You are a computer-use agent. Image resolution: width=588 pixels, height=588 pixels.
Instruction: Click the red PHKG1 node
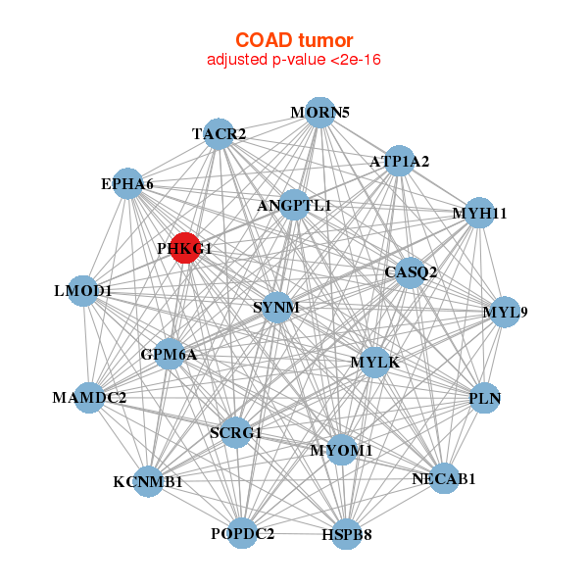click(185, 248)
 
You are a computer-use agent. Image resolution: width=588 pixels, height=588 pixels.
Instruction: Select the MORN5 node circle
click(319, 113)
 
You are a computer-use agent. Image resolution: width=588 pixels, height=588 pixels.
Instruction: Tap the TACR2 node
click(219, 134)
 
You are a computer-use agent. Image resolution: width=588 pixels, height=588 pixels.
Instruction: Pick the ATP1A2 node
click(399, 161)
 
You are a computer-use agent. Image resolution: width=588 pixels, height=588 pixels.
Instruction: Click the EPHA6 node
click(127, 184)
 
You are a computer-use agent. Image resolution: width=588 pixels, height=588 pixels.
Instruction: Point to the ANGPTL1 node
click(294, 205)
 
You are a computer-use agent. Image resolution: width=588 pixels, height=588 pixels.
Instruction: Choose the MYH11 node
click(479, 213)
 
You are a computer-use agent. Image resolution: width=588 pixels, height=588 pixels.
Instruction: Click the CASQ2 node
click(411, 272)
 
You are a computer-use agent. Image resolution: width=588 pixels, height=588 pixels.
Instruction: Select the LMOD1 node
click(83, 291)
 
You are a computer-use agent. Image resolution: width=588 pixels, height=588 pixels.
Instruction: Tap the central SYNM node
click(276, 308)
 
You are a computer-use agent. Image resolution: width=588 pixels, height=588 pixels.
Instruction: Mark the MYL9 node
click(505, 312)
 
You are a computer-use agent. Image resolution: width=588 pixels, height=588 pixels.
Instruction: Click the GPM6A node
click(170, 354)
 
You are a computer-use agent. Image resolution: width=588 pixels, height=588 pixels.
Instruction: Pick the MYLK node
click(375, 363)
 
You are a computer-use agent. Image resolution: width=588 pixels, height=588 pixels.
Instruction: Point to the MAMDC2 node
click(89, 398)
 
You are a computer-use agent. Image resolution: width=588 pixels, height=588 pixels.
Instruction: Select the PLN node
click(485, 398)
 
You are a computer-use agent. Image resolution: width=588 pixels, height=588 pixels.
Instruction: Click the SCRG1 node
click(236, 432)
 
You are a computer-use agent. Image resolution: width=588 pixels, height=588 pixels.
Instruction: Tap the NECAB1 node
click(444, 478)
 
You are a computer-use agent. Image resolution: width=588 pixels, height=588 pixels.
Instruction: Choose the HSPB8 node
click(347, 534)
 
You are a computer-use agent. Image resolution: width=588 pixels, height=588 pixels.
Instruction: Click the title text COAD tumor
click(294, 40)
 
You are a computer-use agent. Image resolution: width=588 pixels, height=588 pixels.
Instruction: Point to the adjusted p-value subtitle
click(294, 60)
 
